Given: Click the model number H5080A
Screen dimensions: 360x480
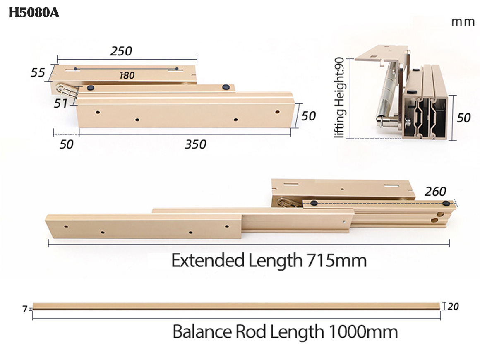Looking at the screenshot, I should (x=34, y=13).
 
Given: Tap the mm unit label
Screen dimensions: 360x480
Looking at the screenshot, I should (x=463, y=22).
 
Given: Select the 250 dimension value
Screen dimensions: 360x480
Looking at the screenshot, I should (x=121, y=51).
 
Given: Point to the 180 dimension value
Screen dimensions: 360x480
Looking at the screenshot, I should (x=127, y=76).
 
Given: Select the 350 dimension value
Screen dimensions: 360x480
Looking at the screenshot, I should (x=195, y=144).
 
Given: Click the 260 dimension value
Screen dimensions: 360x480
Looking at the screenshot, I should (x=435, y=192).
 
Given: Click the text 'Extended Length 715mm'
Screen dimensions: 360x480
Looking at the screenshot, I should (x=269, y=261).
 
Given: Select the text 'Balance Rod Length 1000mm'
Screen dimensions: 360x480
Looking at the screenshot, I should (x=285, y=332).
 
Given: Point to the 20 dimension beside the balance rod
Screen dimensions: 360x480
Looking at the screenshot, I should (x=453, y=307).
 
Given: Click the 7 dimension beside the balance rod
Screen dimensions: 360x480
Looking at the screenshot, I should (x=25, y=309).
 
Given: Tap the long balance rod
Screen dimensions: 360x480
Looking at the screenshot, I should (x=236, y=306).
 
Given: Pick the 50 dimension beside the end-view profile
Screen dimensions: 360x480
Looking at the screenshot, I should (x=464, y=118).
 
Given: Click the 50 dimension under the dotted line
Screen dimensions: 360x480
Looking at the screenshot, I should (x=66, y=144).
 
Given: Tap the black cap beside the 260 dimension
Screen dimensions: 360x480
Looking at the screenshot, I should (x=446, y=204).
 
